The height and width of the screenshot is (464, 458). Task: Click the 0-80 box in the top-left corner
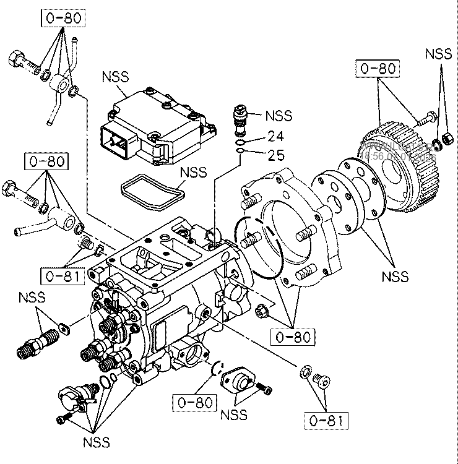64,18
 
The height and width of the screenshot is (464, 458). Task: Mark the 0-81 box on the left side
62,274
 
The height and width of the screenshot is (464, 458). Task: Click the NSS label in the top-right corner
438,54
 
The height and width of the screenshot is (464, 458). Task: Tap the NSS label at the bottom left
97,442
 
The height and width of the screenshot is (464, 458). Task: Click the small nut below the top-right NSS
446,136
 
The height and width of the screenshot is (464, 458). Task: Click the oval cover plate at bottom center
240,380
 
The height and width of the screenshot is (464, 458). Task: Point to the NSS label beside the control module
115,77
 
